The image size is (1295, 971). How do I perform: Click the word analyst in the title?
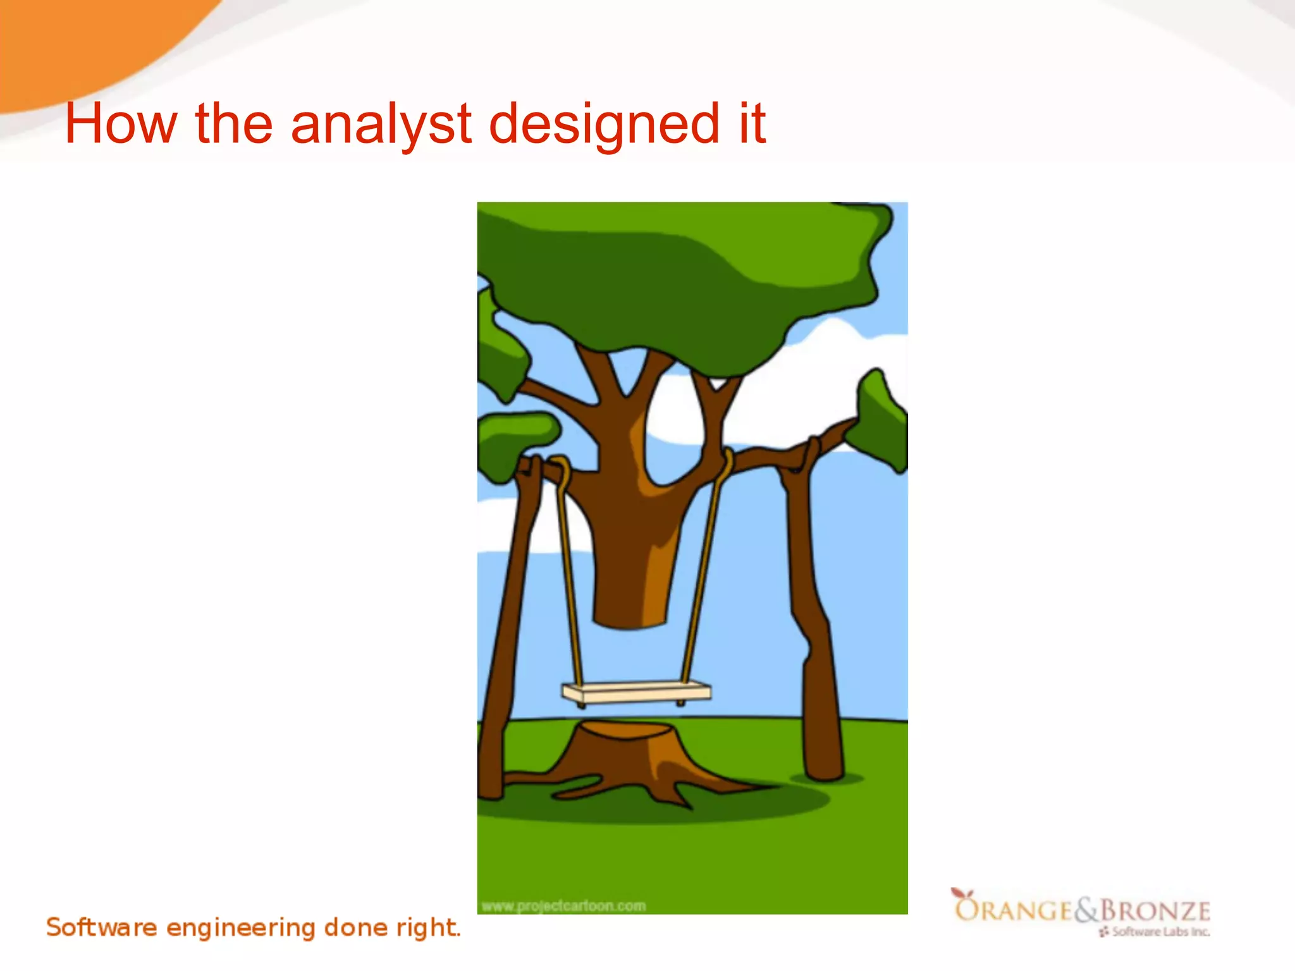pyautogui.click(x=381, y=124)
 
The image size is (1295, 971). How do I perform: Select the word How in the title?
pyautogui.click(x=121, y=124)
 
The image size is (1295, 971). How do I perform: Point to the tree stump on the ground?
pyautogui.click(x=626, y=759)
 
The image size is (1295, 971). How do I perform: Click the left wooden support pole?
pyautogui.click(x=506, y=632)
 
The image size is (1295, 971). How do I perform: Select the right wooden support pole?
pyautogui.click(x=816, y=632)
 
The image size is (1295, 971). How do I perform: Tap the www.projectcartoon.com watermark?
pyautogui.click(x=563, y=907)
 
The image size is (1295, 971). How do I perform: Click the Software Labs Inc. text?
pyautogui.click(x=1160, y=932)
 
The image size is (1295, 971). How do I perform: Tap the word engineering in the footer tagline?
pyautogui.click(x=241, y=928)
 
